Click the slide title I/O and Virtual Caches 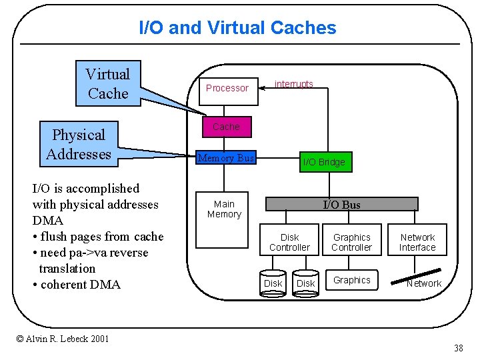pos(237,28)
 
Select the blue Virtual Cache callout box pos(108,84)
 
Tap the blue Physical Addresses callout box pos(79,145)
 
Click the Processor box pos(227,88)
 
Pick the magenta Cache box pos(226,127)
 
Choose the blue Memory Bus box pos(226,158)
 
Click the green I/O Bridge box pos(323,162)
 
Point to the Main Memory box pos(224,209)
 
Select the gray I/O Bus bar pos(341,205)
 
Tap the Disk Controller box pos(289,242)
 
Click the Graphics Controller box pos(351,242)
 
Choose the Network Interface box pos(417,242)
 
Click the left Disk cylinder pos(273,283)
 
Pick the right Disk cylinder pos(305,283)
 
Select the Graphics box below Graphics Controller pos(351,280)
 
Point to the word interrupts pos(293,84)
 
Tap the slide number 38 pos(458,348)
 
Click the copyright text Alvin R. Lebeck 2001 pos(63,339)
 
